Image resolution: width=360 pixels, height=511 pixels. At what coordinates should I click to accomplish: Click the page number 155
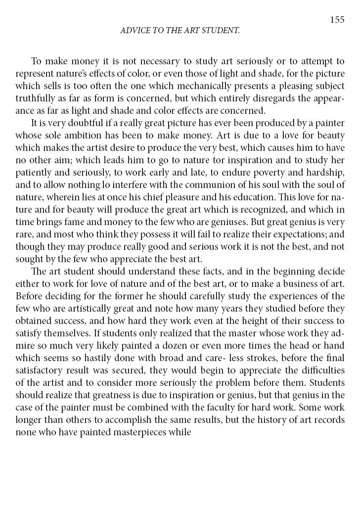pos(337,20)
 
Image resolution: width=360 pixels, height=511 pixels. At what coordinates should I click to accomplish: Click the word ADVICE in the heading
pos(134,31)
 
